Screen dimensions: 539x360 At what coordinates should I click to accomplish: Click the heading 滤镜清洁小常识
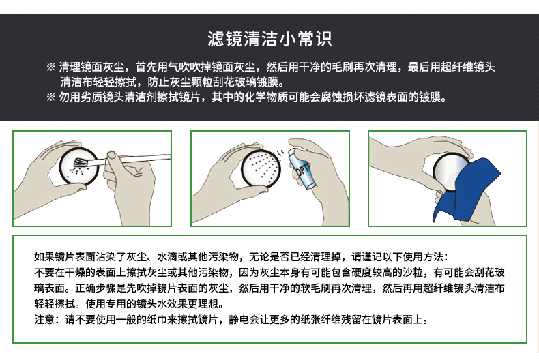pyautogui.click(x=269, y=39)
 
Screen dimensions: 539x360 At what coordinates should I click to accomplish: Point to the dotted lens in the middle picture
pyautogui.click(x=261, y=168)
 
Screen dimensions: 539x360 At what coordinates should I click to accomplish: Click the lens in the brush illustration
pyautogui.click(x=78, y=166)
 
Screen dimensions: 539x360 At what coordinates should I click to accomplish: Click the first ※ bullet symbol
pyautogui.click(x=51, y=67)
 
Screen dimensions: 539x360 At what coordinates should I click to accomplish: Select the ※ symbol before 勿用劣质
pyautogui.click(x=51, y=97)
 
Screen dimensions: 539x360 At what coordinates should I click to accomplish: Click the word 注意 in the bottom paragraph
pyautogui.click(x=44, y=320)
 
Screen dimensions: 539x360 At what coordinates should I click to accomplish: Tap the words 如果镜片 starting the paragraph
pyautogui.click(x=55, y=256)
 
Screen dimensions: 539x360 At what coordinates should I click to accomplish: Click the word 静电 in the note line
pyautogui.click(x=239, y=320)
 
